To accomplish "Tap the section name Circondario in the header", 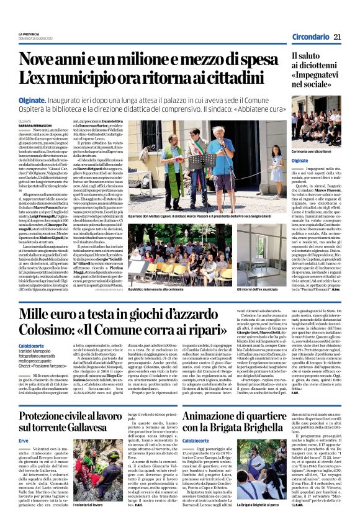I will (308, 38).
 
